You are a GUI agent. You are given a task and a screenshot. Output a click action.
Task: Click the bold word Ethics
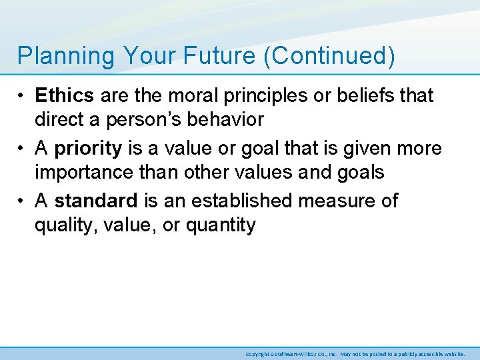click(65, 95)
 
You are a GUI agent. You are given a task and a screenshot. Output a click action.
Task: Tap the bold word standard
click(97, 200)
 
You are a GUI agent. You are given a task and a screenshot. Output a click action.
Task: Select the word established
click(237, 200)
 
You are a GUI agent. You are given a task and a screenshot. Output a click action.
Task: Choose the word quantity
click(220, 225)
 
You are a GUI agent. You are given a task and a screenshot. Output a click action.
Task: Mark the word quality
click(63, 225)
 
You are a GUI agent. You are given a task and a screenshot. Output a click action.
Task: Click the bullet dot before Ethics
click(23, 96)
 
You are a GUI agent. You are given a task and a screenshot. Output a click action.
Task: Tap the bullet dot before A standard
click(23, 201)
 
